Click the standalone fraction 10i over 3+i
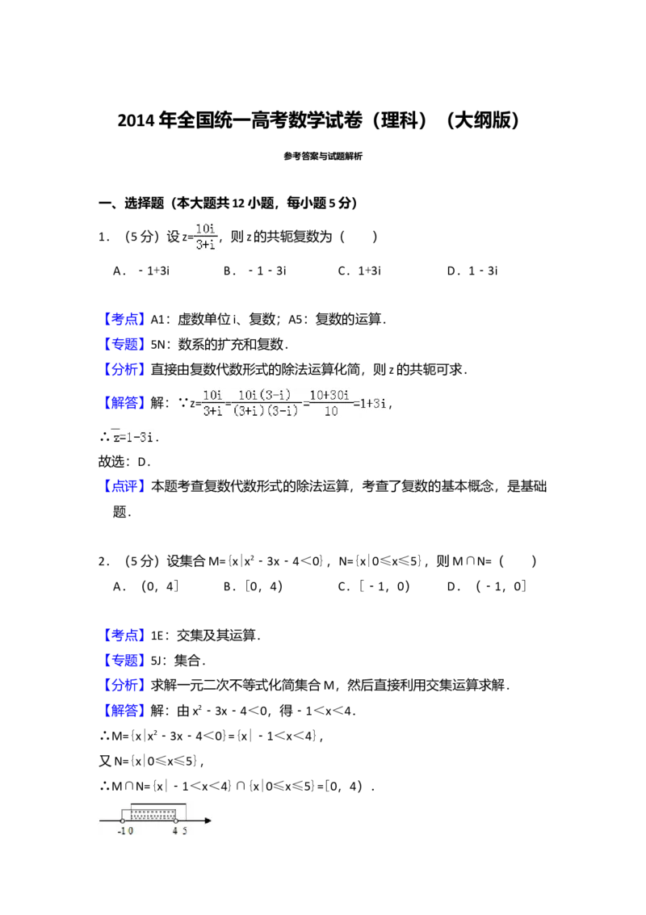(x=203, y=236)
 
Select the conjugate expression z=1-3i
(x=132, y=437)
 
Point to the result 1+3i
(x=372, y=404)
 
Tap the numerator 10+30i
(x=329, y=396)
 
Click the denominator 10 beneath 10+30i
(x=329, y=412)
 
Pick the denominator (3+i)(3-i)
(x=266, y=412)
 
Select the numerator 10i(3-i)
(x=266, y=396)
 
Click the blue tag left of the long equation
(x=125, y=403)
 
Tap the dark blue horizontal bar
(x=194, y=720)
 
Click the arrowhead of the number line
(x=208, y=821)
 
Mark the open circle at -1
(x=122, y=821)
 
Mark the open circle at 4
(x=175, y=821)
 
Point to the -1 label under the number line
(x=122, y=832)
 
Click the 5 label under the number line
(x=185, y=832)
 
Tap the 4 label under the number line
(x=175, y=832)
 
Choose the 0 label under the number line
(x=131, y=832)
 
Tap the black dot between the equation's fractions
(x=229, y=404)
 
